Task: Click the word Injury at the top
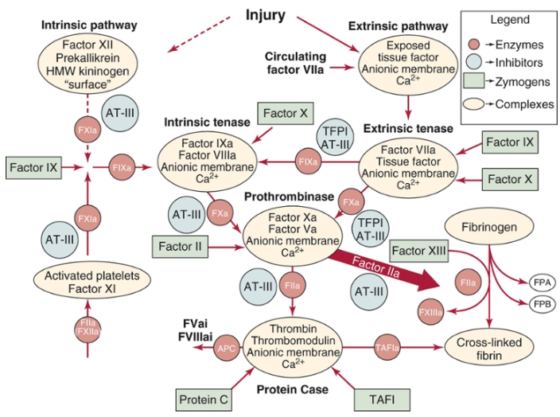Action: pos(266,14)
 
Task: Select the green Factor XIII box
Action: pos(418,251)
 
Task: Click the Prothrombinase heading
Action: pos(277,193)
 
